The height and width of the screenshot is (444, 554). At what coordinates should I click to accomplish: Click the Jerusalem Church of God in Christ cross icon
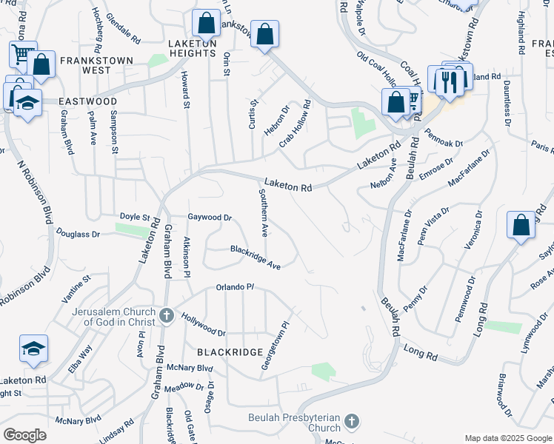(167, 316)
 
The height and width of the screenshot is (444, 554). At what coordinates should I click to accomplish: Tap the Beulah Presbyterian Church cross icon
(352, 423)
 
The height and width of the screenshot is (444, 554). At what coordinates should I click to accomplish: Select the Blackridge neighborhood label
(230, 352)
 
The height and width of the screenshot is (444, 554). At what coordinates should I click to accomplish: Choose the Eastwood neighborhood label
(84, 101)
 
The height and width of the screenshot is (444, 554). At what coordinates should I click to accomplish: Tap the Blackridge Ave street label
(255, 258)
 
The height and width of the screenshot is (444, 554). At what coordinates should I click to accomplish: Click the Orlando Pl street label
(235, 287)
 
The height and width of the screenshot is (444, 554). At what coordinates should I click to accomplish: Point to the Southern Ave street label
(263, 212)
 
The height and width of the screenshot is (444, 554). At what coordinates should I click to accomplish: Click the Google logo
(24, 435)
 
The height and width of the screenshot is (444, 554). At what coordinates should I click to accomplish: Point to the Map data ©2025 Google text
(507, 438)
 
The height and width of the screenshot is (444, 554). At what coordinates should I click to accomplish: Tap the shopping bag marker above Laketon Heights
(205, 24)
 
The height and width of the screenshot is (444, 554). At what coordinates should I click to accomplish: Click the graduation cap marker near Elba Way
(34, 349)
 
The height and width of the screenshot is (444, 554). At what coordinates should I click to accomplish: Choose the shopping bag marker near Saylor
(521, 225)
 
